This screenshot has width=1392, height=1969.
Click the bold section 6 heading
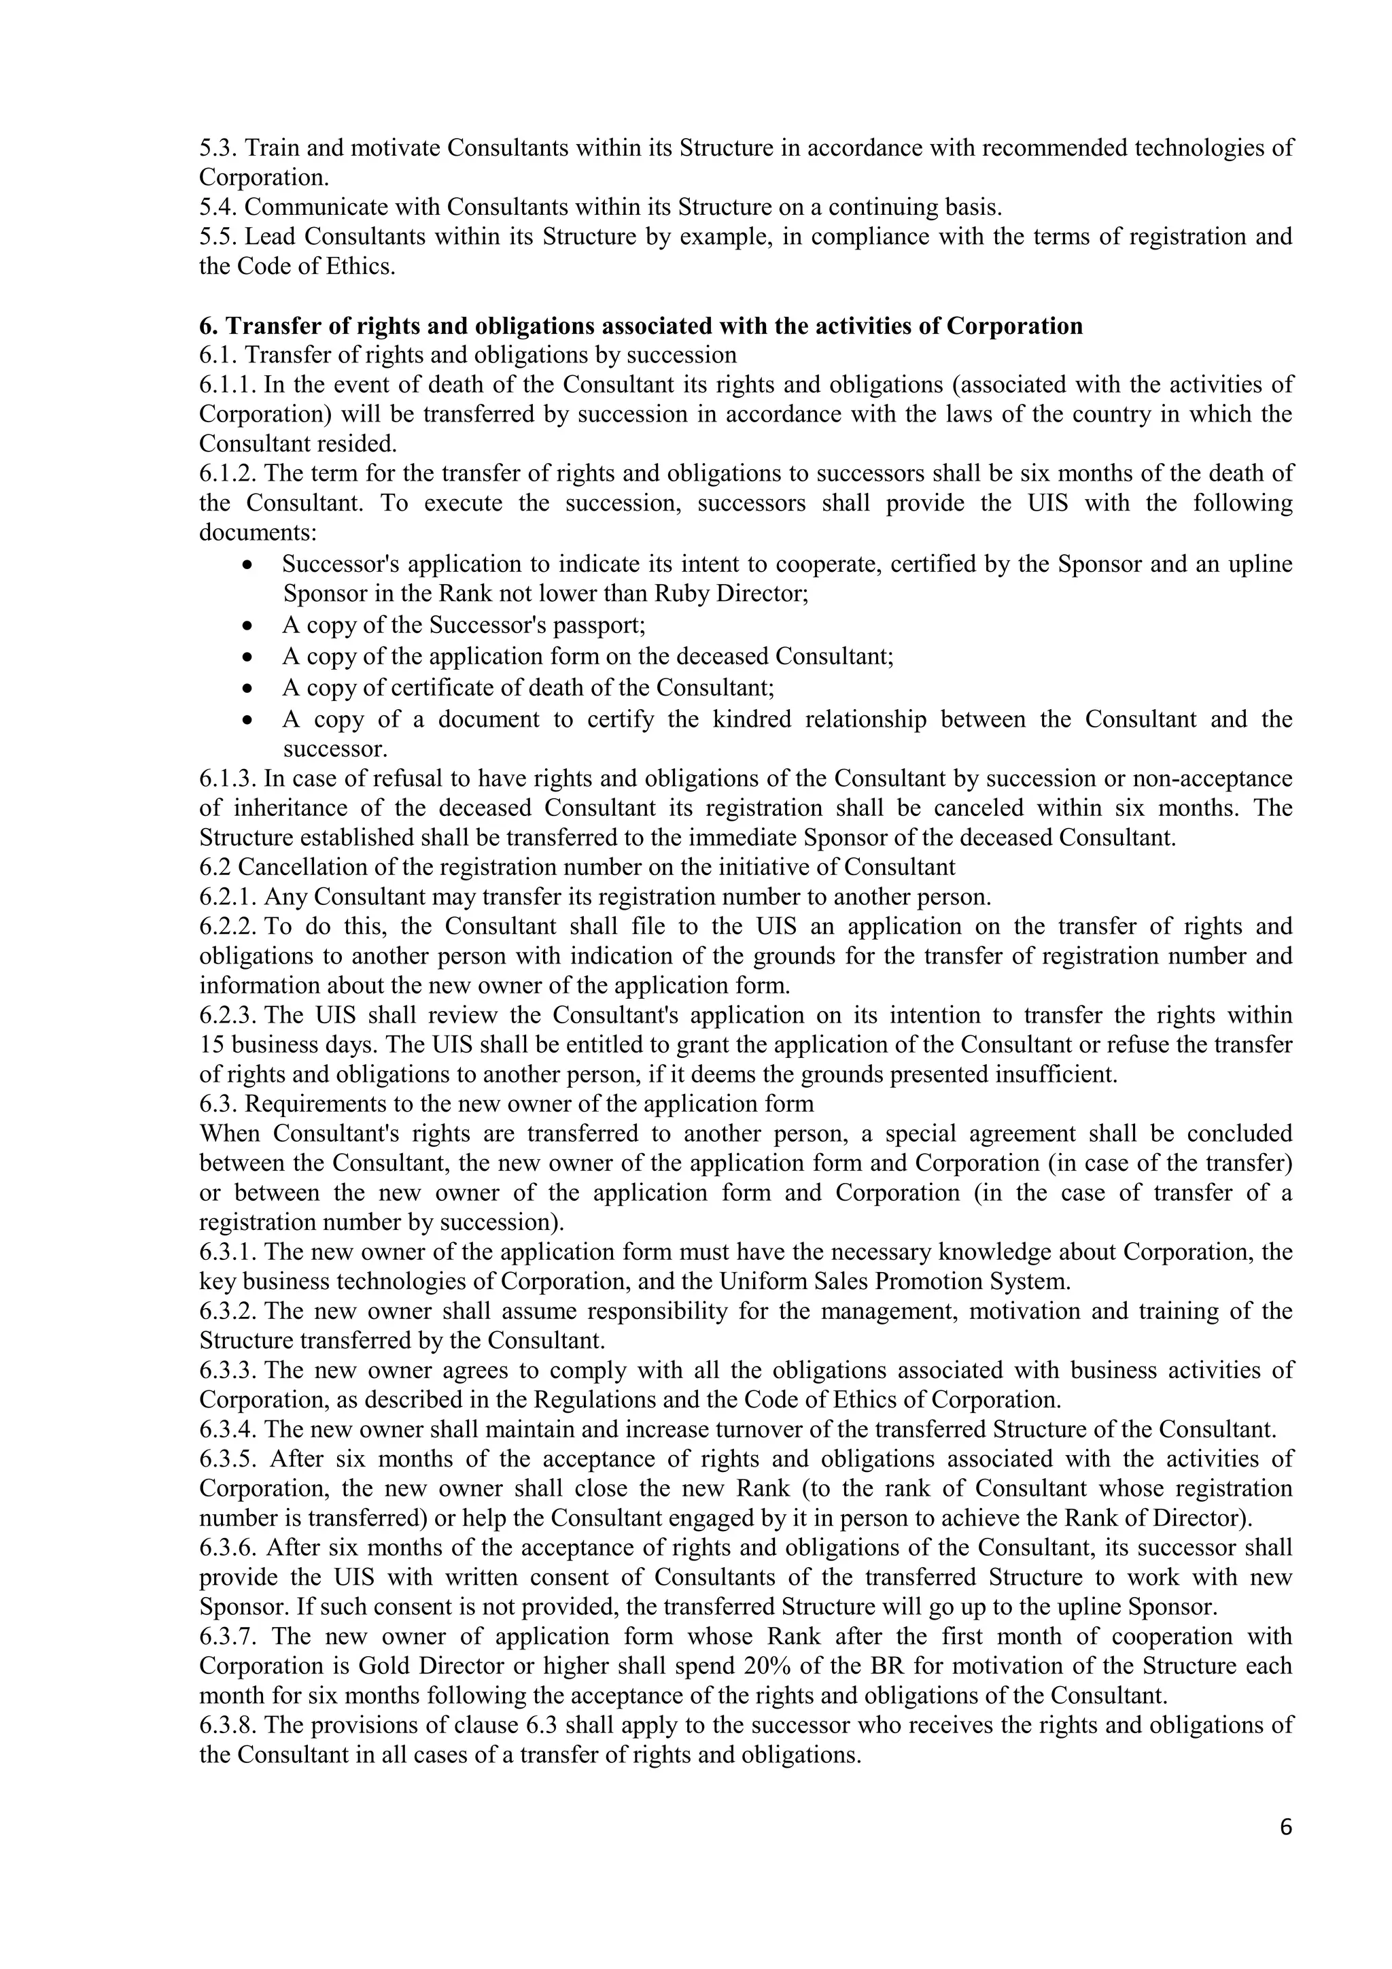click(640, 326)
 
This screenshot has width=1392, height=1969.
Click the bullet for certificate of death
click(247, 689)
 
